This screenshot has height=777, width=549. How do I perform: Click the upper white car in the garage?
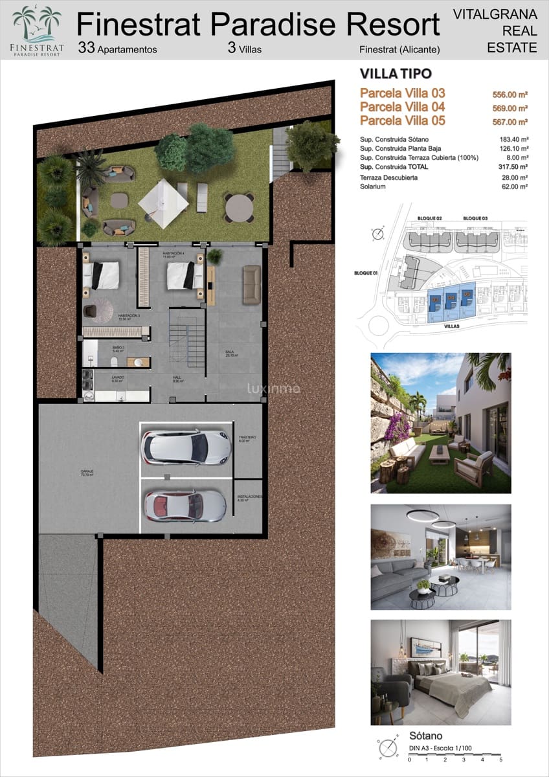186,447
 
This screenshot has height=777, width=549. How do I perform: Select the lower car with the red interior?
185,506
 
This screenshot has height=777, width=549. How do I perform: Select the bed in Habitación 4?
185,275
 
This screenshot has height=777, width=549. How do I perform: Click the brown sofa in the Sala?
252,284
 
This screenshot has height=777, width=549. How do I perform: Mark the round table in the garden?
239,208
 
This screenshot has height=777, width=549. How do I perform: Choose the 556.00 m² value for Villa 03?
510,95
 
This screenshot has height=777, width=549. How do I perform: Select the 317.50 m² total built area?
515,166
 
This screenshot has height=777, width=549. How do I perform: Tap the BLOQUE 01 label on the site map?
366,273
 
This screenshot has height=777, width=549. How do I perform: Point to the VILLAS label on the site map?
452,327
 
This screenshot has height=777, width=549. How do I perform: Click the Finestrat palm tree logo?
37,24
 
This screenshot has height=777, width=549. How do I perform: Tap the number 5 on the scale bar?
500,759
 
